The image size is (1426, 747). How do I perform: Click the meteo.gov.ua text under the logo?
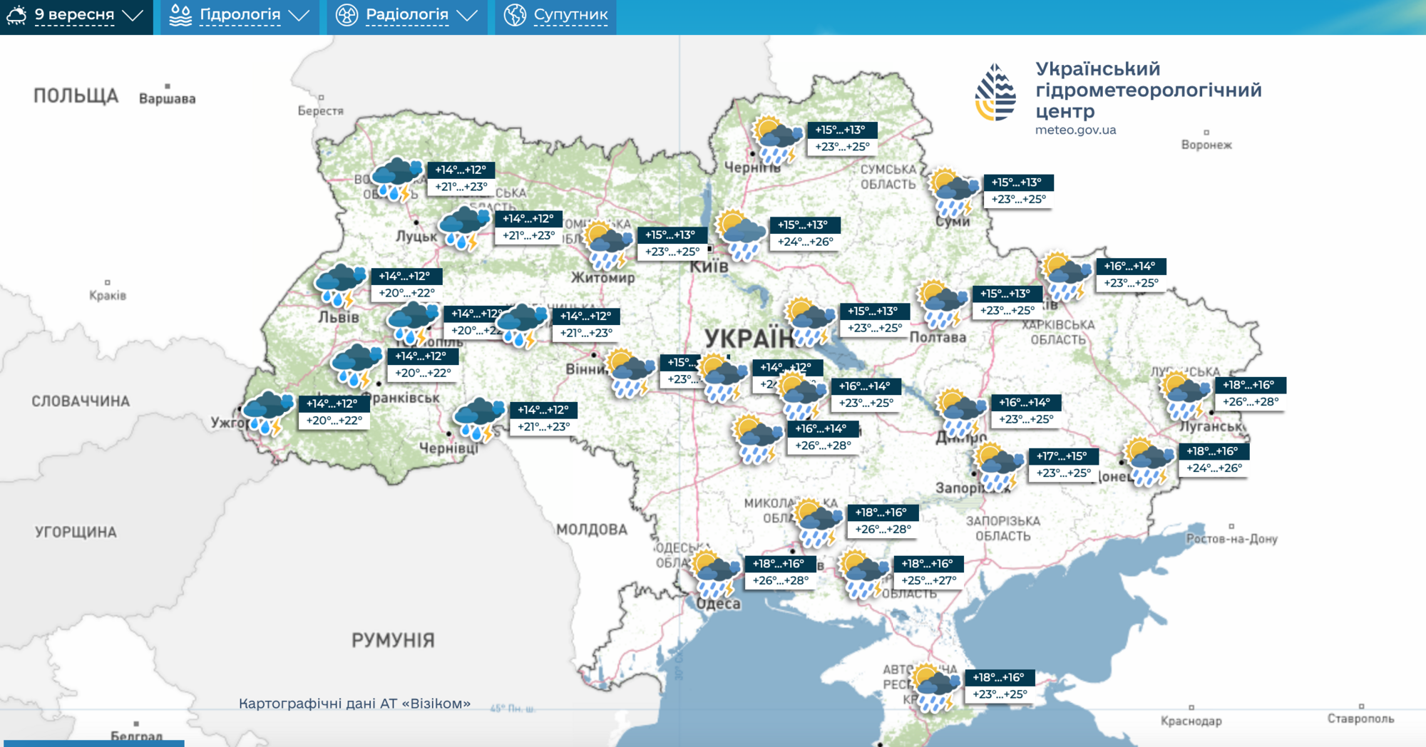click(x=1075, y=130)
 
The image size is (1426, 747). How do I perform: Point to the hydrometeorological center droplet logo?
click(x=995, y=92)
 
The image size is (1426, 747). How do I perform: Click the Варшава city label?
click(x=167, y=98)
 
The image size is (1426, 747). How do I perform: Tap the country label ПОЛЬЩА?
click(x=76, y=96)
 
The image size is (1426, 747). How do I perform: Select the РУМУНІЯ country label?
click(x=393, y=640)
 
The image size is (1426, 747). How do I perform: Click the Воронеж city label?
click(x=1206, y=145)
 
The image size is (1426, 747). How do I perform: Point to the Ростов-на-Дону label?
click(x=1231, y=539)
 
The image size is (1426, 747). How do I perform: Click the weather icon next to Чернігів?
click(x=776, y=140)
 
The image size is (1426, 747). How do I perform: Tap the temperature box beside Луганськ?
click(x=1250, y=393)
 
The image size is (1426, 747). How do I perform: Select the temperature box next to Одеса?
click(x=780, y=572)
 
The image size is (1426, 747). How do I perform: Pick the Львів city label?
click(x=339, y=316)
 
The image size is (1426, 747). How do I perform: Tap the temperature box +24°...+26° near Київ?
click(x=804, y=233)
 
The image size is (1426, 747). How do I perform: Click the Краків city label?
click(x=108, y=295)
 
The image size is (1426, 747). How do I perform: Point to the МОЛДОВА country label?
click(x=592, y=530)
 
